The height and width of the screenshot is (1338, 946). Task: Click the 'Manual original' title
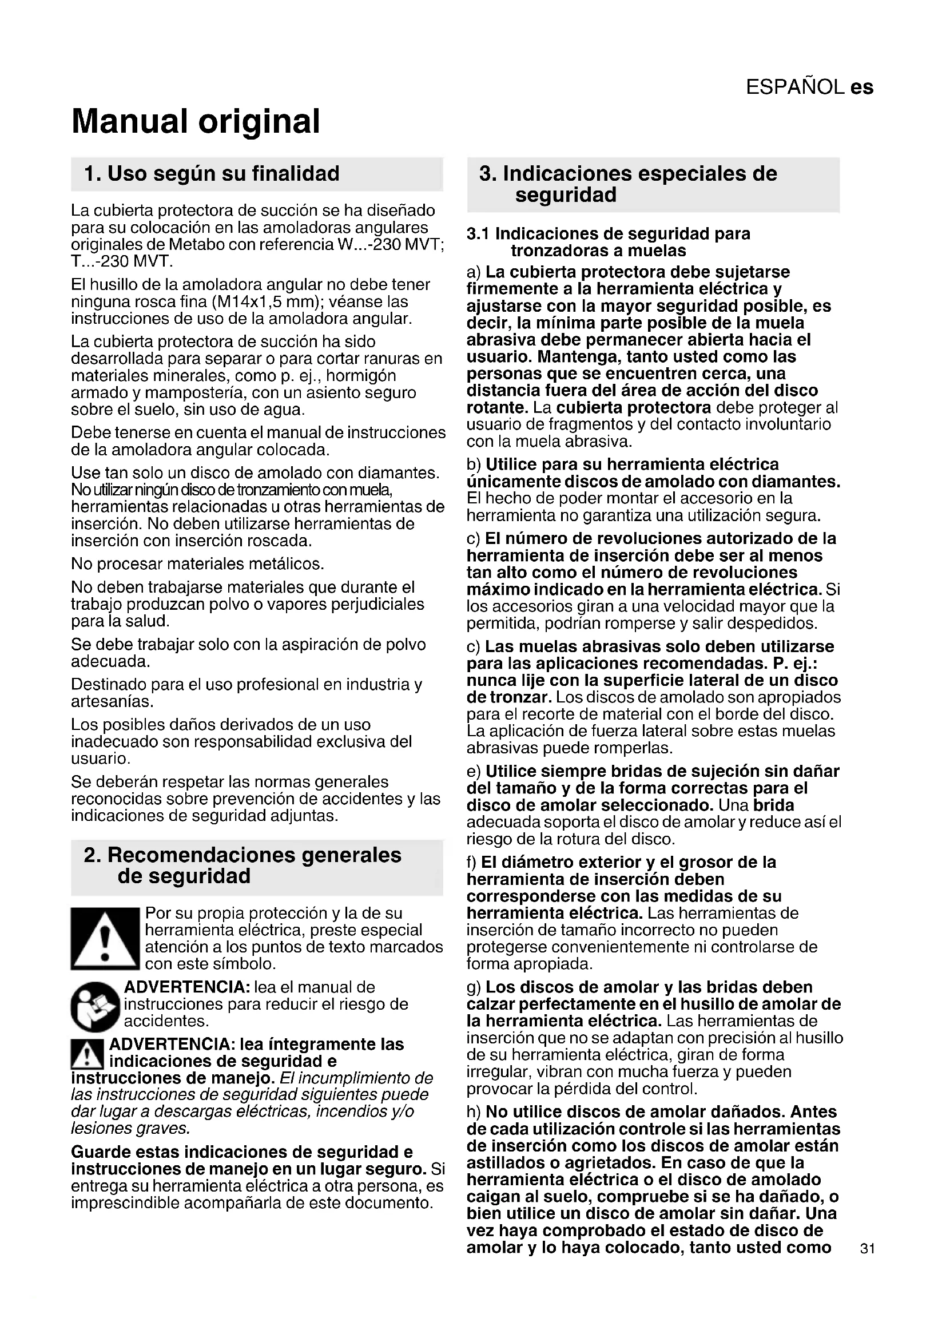click(196, 121)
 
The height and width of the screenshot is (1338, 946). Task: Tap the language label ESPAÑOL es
click(809, 88)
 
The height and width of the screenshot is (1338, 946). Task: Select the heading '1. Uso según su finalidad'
click(212, 174)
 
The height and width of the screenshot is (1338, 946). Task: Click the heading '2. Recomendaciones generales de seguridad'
click(243, 865)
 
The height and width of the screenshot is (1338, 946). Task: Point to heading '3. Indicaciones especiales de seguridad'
click(628, 184)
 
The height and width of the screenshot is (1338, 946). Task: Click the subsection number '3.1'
click(478, 235)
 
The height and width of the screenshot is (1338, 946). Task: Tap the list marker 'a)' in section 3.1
click(474, 272)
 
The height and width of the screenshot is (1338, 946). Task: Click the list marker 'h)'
click(474, 1112)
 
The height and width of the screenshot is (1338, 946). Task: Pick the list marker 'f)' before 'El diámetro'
click(472, 862)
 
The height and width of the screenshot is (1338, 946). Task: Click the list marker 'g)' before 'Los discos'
click(474, 987)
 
